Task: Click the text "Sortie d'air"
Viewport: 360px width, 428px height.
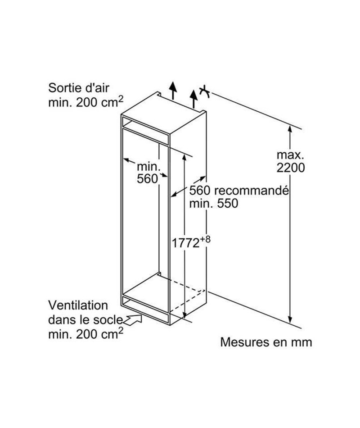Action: (79, 88)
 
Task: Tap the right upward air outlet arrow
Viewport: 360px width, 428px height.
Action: (193, 99)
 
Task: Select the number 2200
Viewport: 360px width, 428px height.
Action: (290, 168)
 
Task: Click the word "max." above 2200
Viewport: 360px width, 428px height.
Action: (290, 155)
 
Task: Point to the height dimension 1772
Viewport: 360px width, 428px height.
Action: (186, 243)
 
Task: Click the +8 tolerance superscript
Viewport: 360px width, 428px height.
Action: (206, 239)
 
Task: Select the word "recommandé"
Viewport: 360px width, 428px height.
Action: (251, 190)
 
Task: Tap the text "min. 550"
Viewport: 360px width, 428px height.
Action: (214, 203)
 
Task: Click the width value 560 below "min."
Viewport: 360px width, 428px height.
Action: (147, 178)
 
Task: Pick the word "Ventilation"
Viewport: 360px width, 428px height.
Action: (78, 305)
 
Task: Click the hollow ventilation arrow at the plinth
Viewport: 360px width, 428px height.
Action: (133, 320)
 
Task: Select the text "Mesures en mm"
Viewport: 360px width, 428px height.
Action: (266, 342)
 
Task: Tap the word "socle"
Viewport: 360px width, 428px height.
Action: (109, 319)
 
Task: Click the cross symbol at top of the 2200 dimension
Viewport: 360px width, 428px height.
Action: (204, 92)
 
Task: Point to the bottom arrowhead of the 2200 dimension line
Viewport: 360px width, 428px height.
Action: (290, 319)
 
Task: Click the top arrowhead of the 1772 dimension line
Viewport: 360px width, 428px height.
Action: (184, 157)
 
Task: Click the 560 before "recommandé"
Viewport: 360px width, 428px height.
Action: (200, 190)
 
